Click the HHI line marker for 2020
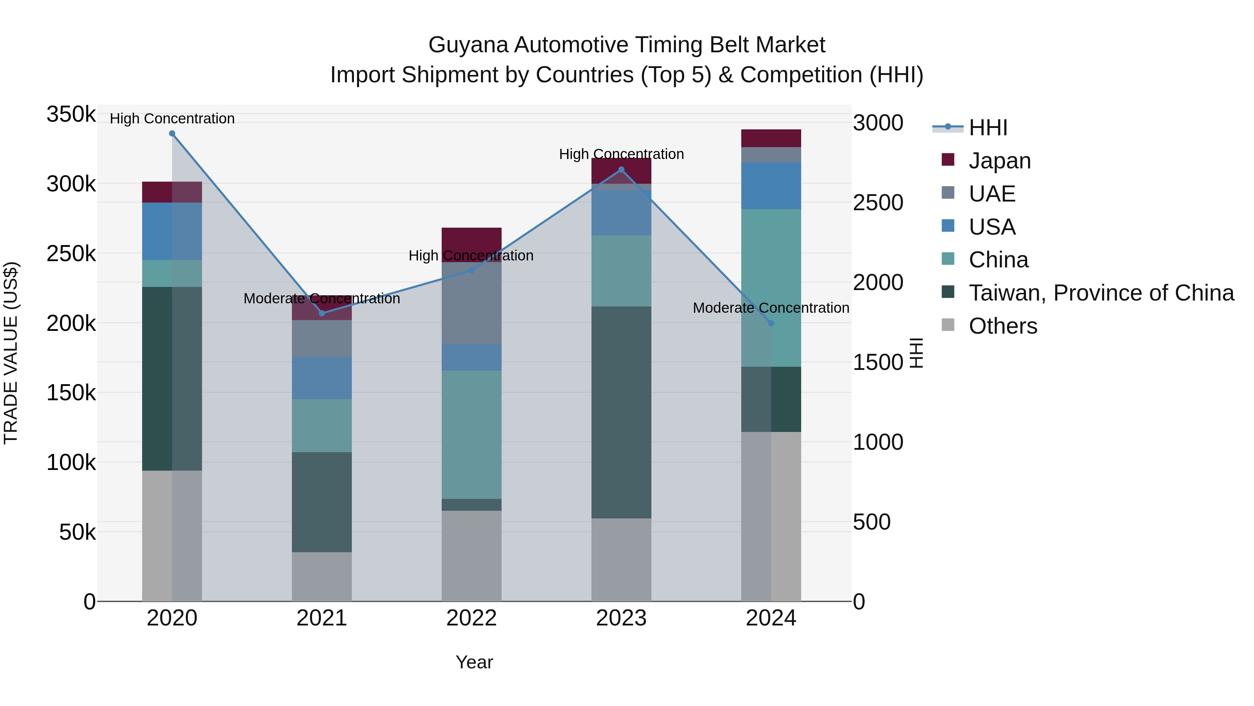172,134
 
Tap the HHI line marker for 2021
322,313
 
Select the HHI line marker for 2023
621,169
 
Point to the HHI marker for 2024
771,323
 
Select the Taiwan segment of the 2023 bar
621,412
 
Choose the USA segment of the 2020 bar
172,231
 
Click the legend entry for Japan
999,161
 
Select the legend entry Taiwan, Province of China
1101,293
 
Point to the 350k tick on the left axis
71,115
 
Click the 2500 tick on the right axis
878,203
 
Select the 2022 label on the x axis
471,618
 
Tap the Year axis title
474,662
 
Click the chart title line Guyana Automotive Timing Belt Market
627,45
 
